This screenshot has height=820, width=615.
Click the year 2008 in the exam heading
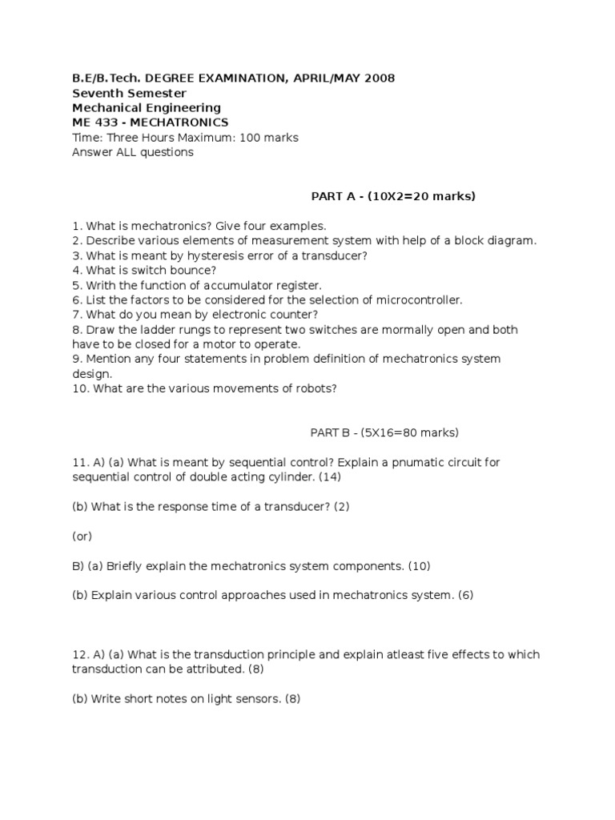pyautogui.click(x=379, y=78)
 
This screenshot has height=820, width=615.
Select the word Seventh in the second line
pyautogui.click(x=97, y=93)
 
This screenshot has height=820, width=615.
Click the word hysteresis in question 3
pyautogui.click(x=215, y=255)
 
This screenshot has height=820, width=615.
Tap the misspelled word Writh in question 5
pyautogui.click(x=100, y=285)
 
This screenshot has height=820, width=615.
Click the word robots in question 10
pyautogui.click(x=316, y=388)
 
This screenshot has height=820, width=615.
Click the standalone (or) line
pyautogui.click(x=82, y=537)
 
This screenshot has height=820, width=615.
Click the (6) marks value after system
pyautogui.click(x=465, y=596)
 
